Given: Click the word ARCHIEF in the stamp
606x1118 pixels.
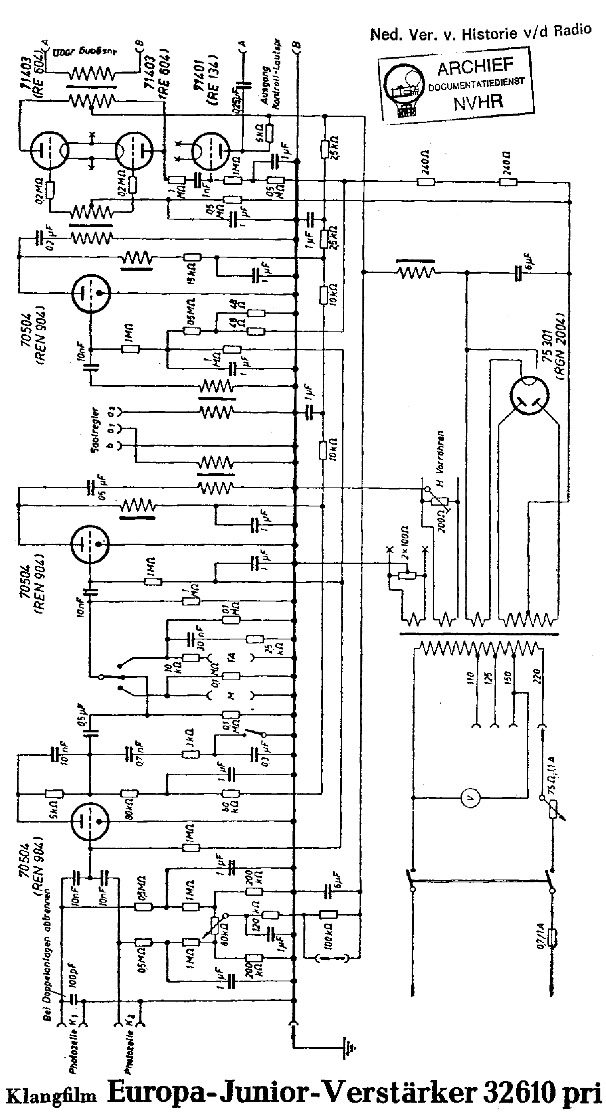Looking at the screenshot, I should [475, 67].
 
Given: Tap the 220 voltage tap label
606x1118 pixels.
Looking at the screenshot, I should [537, 676].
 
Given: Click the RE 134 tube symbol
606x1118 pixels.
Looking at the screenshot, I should [210, 152].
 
